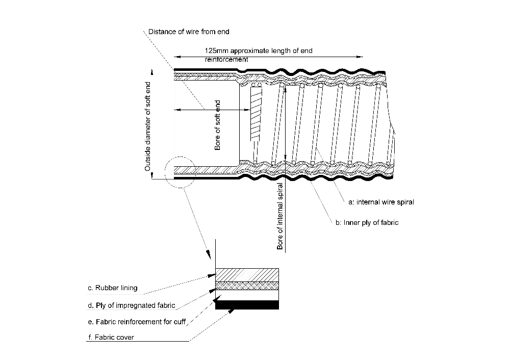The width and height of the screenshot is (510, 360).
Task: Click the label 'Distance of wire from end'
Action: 189,32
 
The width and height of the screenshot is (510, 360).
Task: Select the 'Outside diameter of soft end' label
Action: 148,126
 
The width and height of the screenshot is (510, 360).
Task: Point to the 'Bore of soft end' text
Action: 218,125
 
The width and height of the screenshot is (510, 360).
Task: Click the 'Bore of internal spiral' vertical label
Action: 279,217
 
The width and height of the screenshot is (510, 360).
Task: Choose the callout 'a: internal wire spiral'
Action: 381,202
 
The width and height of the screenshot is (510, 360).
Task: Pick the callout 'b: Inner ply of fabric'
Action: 367,223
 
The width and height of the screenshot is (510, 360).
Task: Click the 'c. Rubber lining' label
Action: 113,288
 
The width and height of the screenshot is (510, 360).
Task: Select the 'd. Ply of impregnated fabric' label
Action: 132,305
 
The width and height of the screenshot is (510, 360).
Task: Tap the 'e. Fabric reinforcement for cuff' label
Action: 137,322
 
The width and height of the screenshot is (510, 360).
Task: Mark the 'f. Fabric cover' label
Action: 111,338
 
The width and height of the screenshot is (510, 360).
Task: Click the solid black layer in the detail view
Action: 247,305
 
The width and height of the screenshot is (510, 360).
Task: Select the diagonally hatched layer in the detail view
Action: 247,275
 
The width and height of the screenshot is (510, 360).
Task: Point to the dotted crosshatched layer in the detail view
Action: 247,286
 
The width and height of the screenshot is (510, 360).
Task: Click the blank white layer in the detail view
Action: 247,295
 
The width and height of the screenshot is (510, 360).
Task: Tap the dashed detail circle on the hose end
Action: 165,172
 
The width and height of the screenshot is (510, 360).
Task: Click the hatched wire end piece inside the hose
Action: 256,114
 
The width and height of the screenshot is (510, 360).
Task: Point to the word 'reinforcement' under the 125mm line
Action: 226,60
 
